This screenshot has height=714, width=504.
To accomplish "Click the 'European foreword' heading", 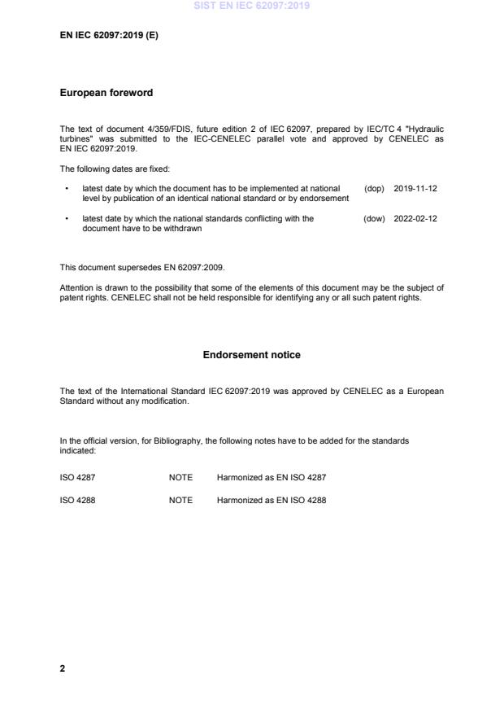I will tap(106, 93).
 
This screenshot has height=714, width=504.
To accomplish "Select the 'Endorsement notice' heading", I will tap(252, 355).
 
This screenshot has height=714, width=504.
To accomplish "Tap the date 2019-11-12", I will tap(415, 188).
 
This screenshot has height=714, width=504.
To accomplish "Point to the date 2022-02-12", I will tap(415, 218).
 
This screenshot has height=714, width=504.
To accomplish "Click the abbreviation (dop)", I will tap(374, 188).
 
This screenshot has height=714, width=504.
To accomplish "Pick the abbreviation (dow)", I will tap(374, 218).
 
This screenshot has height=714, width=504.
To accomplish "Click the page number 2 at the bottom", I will tap(63, 668).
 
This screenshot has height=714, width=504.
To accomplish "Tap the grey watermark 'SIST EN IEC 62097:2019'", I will tap(251, 7).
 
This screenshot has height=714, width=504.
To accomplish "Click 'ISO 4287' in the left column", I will tap(77, 477).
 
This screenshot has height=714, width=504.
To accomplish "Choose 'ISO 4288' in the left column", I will tap(77, 500).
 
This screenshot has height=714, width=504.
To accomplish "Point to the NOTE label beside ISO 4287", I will tap(180, 477).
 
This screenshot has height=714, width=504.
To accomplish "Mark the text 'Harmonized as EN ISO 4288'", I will tap(271, 500).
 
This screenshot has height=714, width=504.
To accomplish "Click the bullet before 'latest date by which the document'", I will tap(65, 188).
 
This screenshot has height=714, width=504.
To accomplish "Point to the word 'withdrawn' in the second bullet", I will tap(184, 229).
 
